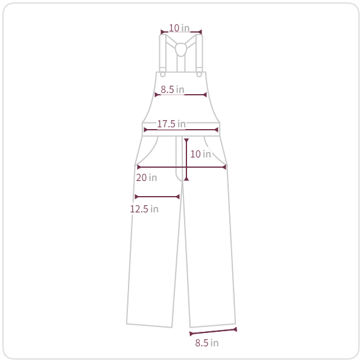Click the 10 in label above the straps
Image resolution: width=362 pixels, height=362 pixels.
click(179, 28)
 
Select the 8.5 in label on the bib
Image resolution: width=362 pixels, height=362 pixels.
click(173, 89)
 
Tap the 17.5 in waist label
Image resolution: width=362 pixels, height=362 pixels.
click(171, 124)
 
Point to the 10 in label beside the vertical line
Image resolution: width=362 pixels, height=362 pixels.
click(200, 154)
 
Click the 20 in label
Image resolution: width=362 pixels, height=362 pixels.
click(147, 177)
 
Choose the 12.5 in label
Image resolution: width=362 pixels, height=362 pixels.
click(144, 209)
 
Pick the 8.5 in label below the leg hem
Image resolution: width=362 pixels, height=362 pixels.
click(206, 343)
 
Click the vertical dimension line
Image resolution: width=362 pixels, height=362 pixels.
click(186, 159)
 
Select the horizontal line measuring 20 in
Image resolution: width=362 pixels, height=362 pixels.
click(182, 167)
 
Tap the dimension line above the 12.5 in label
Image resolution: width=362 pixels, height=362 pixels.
click(157, 197)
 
